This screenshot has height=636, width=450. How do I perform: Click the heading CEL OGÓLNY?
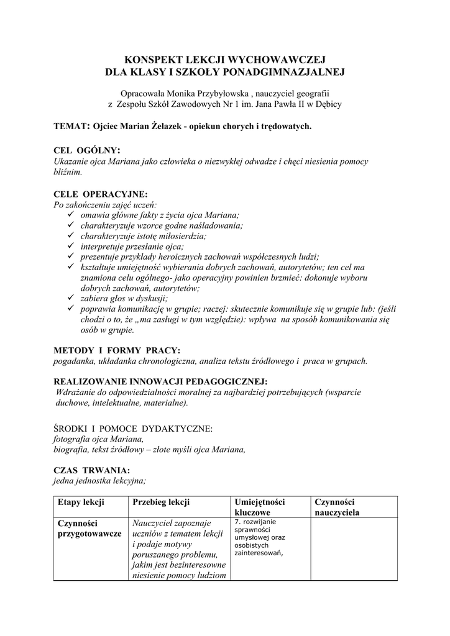(87, 150)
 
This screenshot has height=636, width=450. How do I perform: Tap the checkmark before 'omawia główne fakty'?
(71, 214)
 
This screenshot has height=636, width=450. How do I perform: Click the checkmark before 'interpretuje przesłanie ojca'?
(71, 246)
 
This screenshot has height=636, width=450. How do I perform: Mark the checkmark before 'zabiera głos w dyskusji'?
(71, 298)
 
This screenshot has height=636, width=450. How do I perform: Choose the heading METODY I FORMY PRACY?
(117, 350)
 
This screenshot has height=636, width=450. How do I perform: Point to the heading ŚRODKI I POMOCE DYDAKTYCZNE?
(133, 428)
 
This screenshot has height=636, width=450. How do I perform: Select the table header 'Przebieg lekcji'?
(161, 502)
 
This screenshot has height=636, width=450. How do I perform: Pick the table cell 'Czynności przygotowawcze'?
(89, 529)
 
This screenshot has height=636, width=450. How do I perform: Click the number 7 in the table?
(237, 522)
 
